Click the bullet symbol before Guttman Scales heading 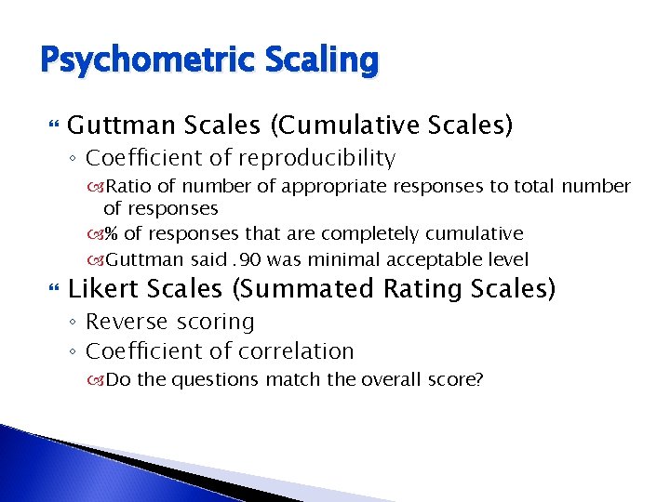pyautogui.click(x=52, y=125)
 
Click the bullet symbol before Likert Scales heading pyautogui.click(x=52, y=290)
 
